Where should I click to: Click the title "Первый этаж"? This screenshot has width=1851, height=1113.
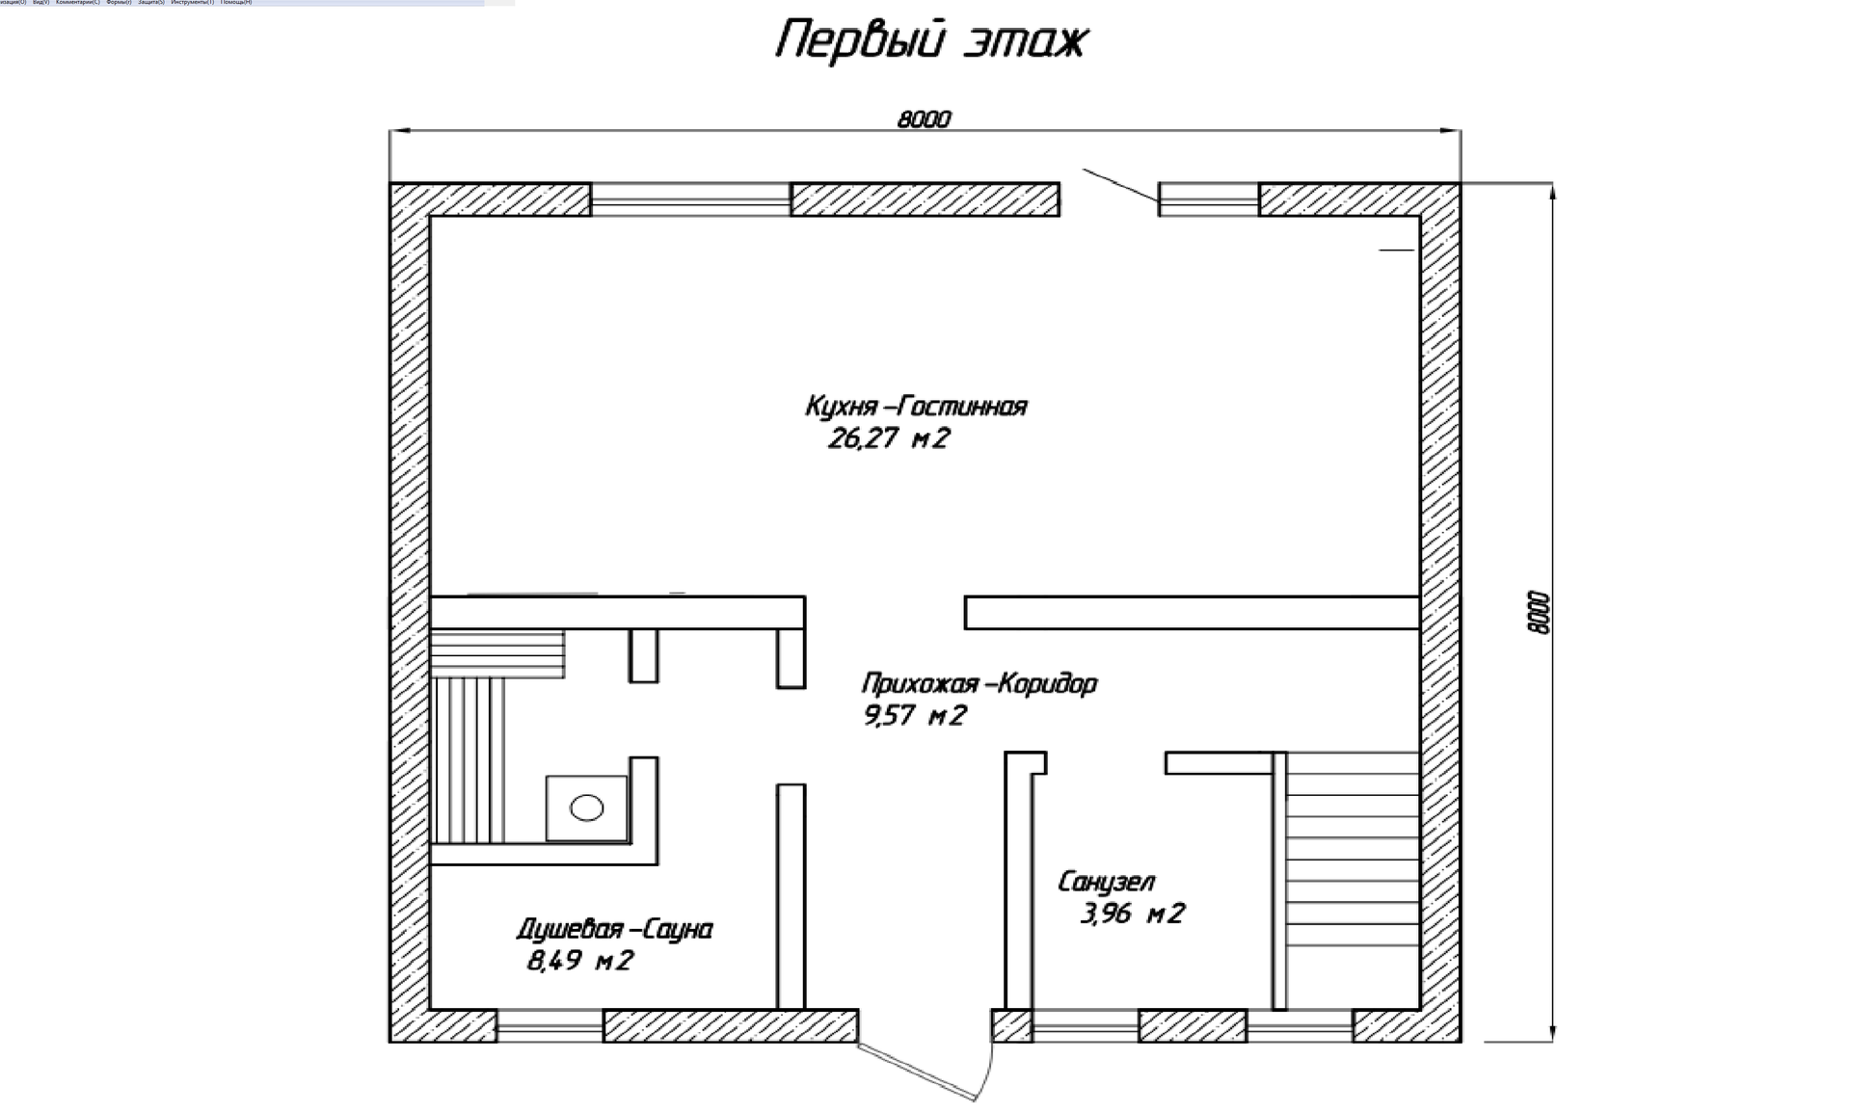click(x=931, y=41)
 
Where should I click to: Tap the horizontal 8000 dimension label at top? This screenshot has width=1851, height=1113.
click(x=924, y=119)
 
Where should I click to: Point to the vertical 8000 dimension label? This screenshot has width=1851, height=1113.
click(x=1539, y=612)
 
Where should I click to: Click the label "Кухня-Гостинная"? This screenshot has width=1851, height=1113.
click(x=916, y=407)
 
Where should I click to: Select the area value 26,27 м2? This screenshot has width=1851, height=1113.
click(x=889, y=439)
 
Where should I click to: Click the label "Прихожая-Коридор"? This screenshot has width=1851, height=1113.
click(x=979, y=684)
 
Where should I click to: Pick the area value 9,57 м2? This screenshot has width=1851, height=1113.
click(x=914, y=716)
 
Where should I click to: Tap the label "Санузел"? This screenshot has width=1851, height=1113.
click(x=1106, y=882)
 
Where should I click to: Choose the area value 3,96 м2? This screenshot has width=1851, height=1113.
click(x=1132, y=914)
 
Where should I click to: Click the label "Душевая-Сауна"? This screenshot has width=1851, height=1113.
click(x=615, y=930)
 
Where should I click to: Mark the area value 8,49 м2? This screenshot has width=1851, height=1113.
click(x=579, y=961)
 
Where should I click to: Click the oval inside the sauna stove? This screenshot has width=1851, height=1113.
click(x=586, y=808)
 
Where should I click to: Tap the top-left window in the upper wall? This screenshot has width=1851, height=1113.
click(x=690, y=199)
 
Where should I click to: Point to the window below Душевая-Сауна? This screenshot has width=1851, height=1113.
click(x=550, y=1025)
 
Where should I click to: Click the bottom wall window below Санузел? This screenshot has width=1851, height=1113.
click(x=1085, y=1025)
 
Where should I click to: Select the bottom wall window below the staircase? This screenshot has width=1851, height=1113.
click(x=1300, y=1025)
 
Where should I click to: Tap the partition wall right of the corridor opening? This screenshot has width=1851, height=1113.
click(x=1192, y=613)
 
